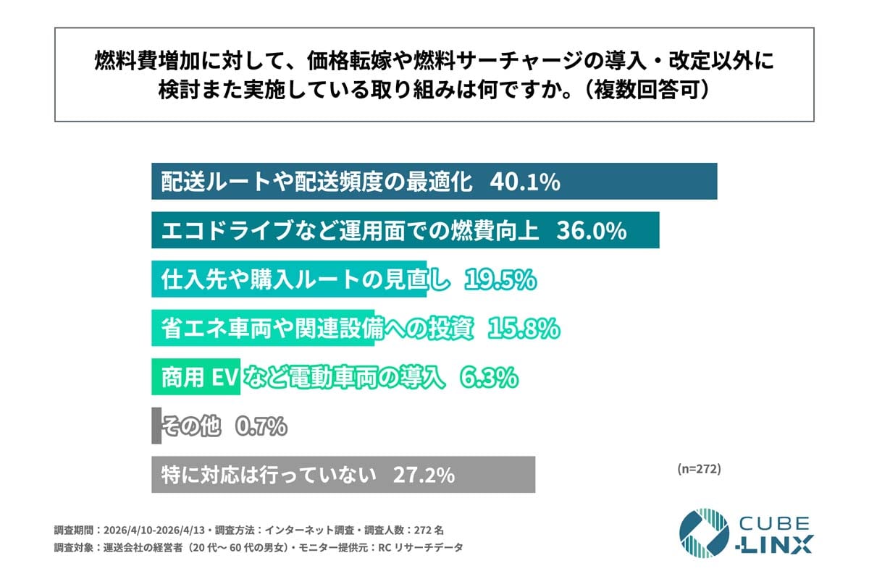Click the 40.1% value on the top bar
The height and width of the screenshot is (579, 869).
pos(525,182)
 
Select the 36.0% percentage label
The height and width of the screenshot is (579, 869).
pos(591,231)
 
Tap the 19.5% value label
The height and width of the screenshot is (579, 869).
pos(500,279)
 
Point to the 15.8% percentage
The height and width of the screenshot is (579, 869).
pos(524,329)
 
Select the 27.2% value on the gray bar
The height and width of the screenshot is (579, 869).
pos(424,476)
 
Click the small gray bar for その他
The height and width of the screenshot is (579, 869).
pos(156,426)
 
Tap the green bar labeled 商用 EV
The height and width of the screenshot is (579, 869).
pos(196,377)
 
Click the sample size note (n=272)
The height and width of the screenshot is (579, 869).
pos(699,468)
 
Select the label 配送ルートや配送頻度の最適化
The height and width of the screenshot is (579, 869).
pos(316,182)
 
